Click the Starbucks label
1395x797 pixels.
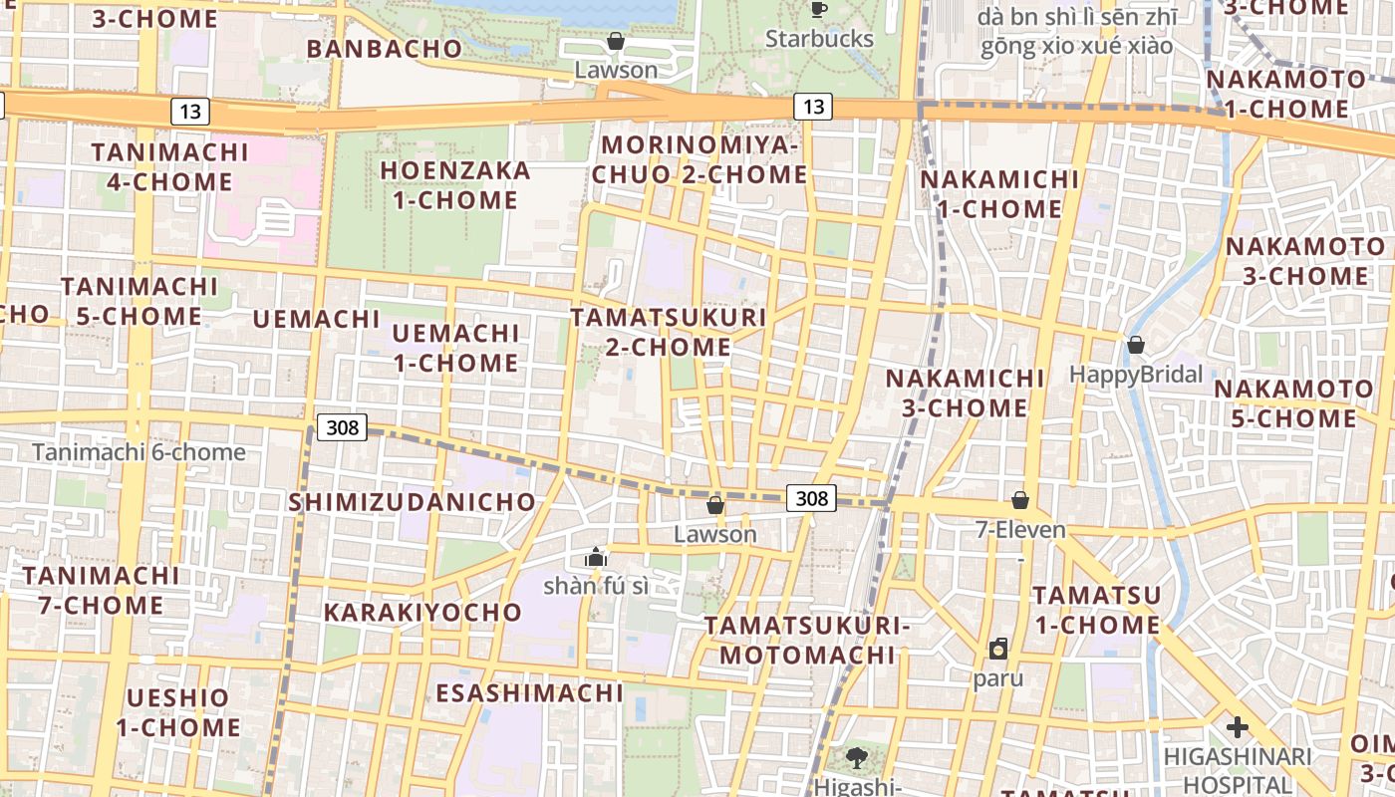(819, 39)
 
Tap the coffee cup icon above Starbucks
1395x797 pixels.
(819, 10)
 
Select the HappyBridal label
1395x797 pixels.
(1136, 375)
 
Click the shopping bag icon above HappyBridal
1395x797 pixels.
(1135, 346)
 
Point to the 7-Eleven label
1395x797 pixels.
(1020, 530)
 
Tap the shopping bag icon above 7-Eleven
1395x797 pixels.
(1019, 500)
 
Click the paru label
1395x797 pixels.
(998, 678)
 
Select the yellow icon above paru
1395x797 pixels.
(998, 650)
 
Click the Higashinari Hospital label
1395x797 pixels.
(1238, 770)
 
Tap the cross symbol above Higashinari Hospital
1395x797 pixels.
(1238, 727)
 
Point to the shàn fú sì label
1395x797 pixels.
(596, 586)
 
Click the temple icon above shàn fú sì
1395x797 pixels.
(596, 557)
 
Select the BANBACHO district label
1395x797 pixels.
(384, 49)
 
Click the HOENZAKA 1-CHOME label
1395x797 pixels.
(454, 185)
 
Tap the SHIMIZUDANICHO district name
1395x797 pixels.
(412, 502)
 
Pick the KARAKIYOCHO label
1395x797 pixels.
(422, 612)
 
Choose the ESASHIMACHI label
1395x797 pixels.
(529, 692)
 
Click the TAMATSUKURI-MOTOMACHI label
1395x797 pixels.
(807, 640)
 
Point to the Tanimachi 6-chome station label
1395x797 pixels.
(139, 452)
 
